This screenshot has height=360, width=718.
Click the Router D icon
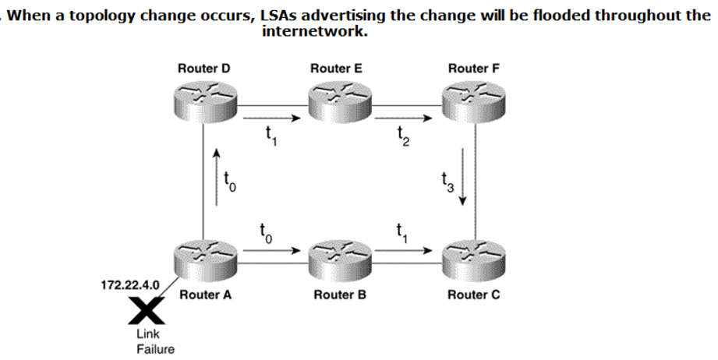[203, 100]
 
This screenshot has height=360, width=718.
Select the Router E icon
[335, 100]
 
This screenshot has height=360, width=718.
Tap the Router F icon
[468, 100]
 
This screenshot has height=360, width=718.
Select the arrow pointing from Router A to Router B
[271, 251]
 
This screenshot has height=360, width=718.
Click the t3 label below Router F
[445, 185]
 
